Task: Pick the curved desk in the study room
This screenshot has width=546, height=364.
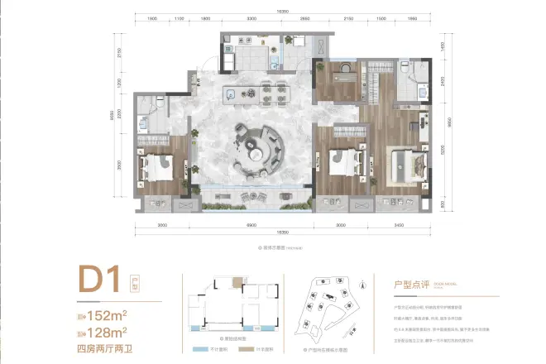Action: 341,79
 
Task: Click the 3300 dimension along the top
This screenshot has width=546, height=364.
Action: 250,18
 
